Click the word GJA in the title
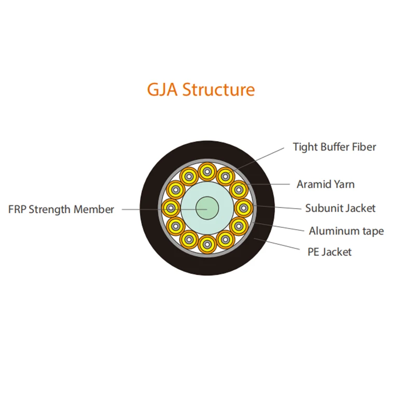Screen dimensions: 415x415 tap(162, 90)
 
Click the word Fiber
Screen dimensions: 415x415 tap(365, 147)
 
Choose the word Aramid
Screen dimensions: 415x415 tap(312, 184)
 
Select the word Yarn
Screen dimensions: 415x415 tap(344, 184)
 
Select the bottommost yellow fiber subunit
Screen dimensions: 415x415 tap(207, 243)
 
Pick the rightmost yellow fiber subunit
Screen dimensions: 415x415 tap(243, 208)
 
